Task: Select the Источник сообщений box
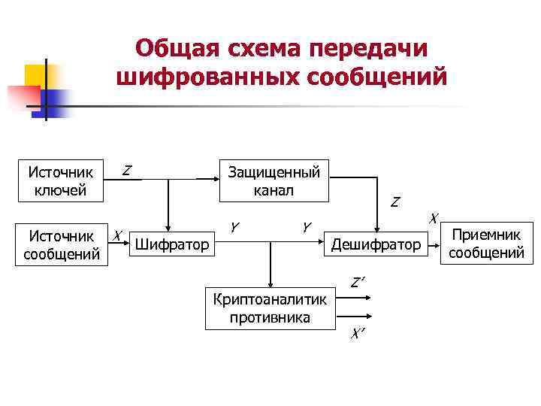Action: pos(61,245)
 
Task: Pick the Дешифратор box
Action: pos(376,244)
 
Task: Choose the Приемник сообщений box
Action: pos(485,243)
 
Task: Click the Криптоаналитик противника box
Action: pos(270,308)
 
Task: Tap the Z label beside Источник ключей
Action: pos(128,171)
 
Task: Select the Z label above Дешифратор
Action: pos(394,202)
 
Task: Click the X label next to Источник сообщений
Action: pos(117,235)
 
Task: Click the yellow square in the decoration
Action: pos(36,75)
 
